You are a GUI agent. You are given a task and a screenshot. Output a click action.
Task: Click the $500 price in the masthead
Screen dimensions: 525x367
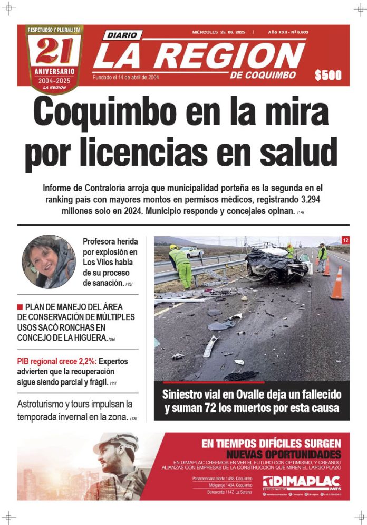tap(328, 76)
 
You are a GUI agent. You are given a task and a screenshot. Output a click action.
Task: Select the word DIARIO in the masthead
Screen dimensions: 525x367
tap(122, 35)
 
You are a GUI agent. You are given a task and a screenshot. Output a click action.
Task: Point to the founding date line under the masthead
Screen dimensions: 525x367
tap(126, 77)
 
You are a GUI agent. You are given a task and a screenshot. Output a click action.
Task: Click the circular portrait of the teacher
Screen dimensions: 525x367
tap(49, 262)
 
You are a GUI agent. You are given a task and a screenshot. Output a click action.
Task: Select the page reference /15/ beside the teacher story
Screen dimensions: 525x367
tap(129, 284)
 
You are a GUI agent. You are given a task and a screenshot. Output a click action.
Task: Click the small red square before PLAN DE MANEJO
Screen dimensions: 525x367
tap(20, 306)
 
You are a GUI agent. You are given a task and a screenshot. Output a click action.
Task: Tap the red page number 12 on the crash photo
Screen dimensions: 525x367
tap(345, 240)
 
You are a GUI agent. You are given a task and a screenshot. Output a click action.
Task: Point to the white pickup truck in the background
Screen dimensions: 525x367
tap(191, 252)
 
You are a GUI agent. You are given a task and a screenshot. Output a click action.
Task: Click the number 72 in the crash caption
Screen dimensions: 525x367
tap(215, 408)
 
